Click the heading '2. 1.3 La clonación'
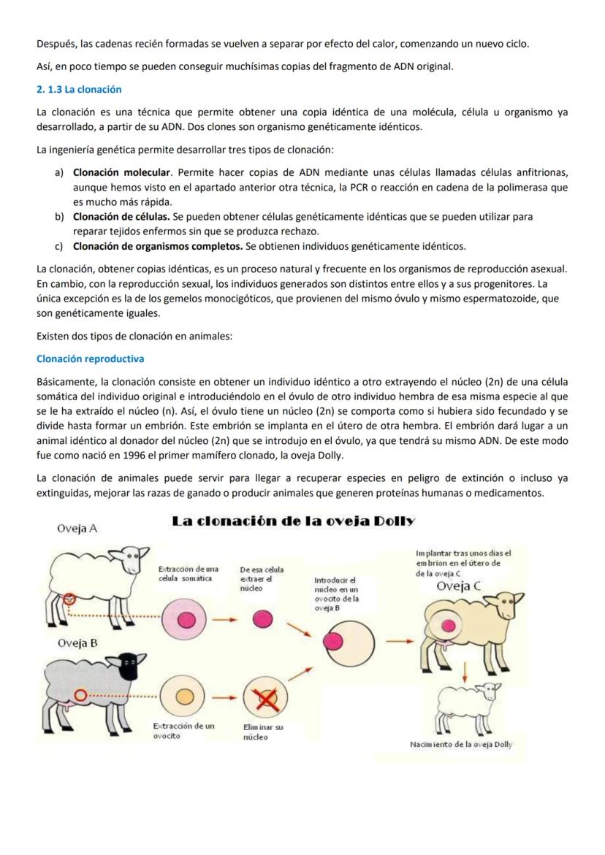79,89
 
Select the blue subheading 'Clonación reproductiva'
90,359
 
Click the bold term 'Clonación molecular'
121,172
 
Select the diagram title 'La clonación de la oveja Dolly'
293,521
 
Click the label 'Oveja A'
77,527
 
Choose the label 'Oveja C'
458,586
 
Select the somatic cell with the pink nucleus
186,619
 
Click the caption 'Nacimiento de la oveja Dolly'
461,744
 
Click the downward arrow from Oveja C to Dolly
463,672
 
